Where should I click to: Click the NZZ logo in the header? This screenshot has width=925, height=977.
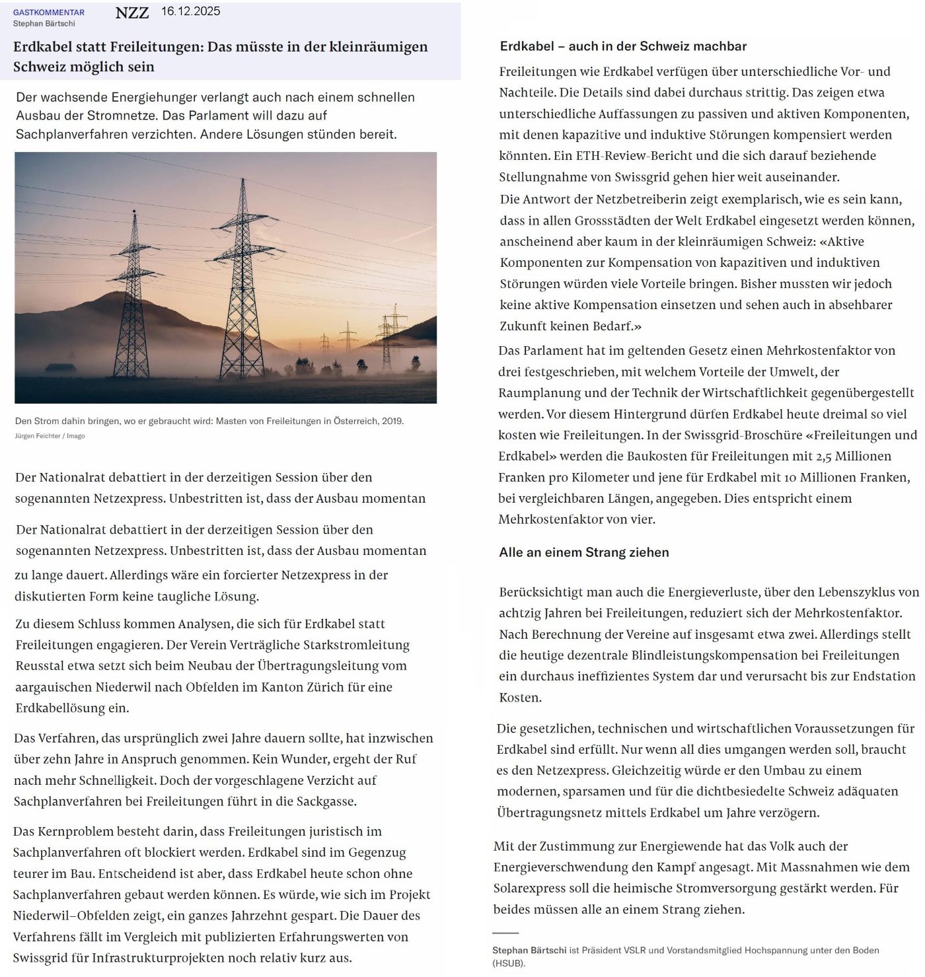tap(132, 13)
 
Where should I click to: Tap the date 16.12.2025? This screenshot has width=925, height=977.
tap(191, 11)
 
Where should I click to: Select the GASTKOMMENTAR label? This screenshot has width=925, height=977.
tap(49, 13)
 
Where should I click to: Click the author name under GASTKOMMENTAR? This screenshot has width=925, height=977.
tap(44, 24)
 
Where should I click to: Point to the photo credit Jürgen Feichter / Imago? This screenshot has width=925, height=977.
tap(50, 436)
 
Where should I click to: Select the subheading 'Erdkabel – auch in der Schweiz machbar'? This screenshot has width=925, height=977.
tap(623, 46)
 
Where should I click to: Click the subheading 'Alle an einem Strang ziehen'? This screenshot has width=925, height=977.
tap(584, 552)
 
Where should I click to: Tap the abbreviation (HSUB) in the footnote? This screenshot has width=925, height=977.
tap(509, 963)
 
